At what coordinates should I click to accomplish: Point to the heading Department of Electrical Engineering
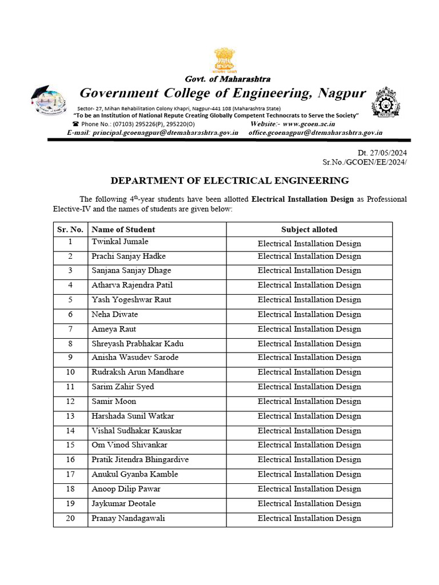pyautogui.click(x=229, y=181)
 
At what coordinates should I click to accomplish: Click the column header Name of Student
pyautogui.click(x=123, y=229)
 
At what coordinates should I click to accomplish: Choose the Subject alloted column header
pyautogui.click(x=309, y=229)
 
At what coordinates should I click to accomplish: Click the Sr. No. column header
pyautogui.click(x=70, y=229)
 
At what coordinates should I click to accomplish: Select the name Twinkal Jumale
pyautogui.click(x=120, y=242)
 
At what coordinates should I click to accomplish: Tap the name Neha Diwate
pyautogui.click(x=115, y=314)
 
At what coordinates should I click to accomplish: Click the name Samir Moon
pyautogui.click(x=114, y=402)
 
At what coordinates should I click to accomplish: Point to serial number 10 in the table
pyautogui.click(x=70, y=372)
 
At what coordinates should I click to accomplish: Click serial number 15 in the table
pyautogui.click(x=70, y=445)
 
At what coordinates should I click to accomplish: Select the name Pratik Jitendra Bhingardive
pyautogui.click(x=140, y=460)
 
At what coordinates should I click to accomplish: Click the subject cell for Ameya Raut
pyautogui.click(x=309, y=329)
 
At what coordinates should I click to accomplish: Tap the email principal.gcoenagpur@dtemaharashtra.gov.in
pyautogui.click(x=165, y=133)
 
